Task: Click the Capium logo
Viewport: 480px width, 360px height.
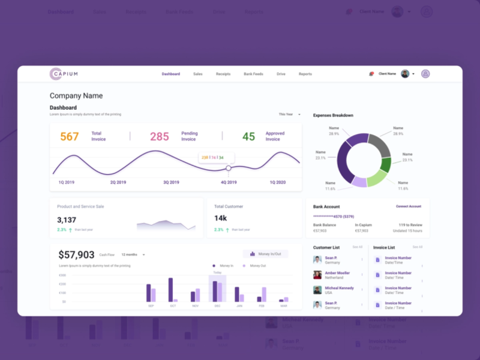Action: pyautogui.click(x=64, y=74)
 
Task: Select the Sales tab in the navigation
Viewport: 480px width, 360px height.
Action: pyautogui.click(x=198, y=74)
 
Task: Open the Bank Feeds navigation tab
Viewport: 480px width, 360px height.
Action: pyautogui.click(x=253, y=74)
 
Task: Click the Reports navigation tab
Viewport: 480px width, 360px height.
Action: pyautogui.click(x=305, y=74)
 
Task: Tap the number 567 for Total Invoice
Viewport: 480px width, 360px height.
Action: pyautogui.click(x=70, y=137)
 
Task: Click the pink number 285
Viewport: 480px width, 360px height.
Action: pyautogui.click(x=160, y=137)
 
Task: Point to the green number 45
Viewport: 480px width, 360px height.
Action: pyautogui.click(x=248, y=137)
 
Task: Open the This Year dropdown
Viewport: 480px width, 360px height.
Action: pyautogui.click(x=289, y=114)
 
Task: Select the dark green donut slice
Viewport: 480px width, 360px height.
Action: pyautogui.click(x=385, y=164)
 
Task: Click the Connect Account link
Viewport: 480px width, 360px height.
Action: pyautogui.click(x=409, y=206)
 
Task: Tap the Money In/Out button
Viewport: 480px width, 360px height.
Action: pyautogui.click(x=265, y=254)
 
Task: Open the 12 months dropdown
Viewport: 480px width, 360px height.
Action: pyautogui.click(x=133, y=254)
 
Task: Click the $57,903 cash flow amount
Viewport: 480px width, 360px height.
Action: pyautogui.click(x=76, y=254)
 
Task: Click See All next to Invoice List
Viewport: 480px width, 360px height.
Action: pyautogui.click(x=417, y=247)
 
